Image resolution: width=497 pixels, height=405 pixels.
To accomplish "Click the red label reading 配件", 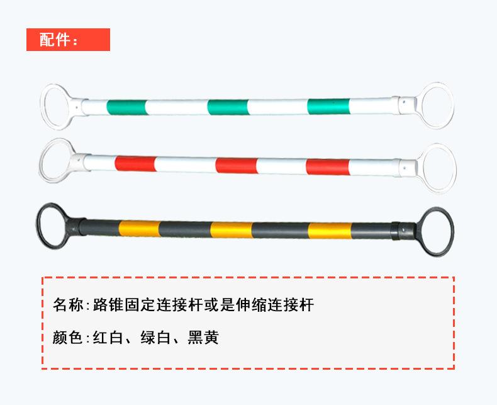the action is (x=67, y=40).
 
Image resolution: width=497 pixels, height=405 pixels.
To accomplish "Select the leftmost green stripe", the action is (x=126, y=106).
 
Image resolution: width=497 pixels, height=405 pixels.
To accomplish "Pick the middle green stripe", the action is (x=226, y=106).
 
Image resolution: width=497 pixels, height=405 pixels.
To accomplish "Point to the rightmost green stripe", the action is (x=328, y=105).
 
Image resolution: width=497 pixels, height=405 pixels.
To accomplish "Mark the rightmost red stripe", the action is (x=327, y=166).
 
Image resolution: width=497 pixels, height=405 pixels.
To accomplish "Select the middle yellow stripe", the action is (x=231, y=229).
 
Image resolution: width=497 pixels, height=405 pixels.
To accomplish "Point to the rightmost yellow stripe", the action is (x=330, y=230).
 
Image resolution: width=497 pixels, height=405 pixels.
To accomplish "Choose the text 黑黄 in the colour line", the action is (x=203, y=338).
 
